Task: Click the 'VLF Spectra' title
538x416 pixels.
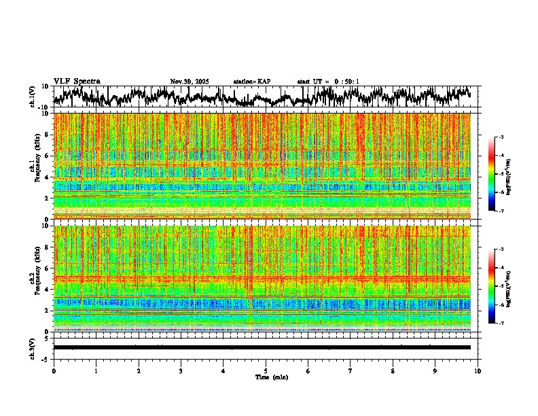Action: pos(77,81)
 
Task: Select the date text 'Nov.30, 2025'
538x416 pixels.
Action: pos(190,82)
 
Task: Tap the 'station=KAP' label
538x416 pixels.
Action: pos(251,82)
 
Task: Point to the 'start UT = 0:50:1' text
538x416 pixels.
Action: pos(328,82)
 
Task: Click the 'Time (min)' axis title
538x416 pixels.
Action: pos(272,377)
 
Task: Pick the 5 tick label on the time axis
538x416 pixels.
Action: pos(266,371)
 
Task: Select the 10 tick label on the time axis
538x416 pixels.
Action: pos(478,371)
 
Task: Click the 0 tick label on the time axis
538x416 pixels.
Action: pos(54,371)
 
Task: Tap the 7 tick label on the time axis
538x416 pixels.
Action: pos(351,371)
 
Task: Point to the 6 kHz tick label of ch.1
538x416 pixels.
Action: pos(46,156)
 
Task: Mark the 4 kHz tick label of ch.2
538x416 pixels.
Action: pos(46,289)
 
